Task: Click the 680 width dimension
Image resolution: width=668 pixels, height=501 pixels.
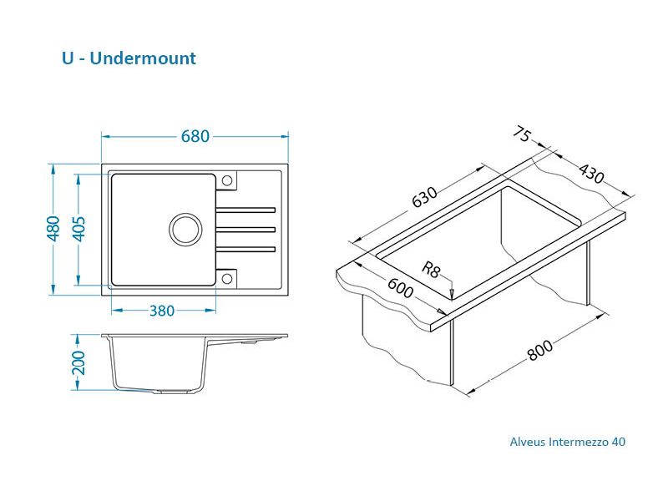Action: (x=195, y=136)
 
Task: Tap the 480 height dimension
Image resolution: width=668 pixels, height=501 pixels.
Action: (x=53, y=229)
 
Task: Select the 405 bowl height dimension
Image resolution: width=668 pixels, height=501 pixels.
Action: (x=78, y=229)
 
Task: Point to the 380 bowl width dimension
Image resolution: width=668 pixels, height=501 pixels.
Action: (x=162, y=311)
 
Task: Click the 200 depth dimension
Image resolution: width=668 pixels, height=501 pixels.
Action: (x=78, y=362)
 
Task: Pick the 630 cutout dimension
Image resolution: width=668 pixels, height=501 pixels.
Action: (x=424, y=197)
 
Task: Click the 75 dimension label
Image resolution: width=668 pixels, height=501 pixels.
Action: (x=522, y=134)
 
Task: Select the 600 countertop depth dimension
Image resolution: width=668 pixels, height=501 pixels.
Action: (x=400, y=288)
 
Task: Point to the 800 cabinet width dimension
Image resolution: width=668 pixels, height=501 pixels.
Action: (x=539, y=350)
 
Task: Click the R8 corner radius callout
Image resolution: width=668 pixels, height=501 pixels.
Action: (x=431, y=270)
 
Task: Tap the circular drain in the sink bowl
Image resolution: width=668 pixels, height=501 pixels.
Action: (x=185, y=229)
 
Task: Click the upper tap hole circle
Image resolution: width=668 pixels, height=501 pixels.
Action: (x=227, y=180)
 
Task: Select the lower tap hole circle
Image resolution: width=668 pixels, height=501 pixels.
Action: (x=227, y=279)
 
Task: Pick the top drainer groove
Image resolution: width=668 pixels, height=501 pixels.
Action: (x=245, y=210)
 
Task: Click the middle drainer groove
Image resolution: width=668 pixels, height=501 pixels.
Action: (x=245, y=230)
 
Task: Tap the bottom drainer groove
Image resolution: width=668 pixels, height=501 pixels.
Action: (x=245, y=249)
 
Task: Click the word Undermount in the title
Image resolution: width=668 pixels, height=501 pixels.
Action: (x=143, y=58)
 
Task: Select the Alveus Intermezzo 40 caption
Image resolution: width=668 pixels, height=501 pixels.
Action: (x=568, y=442)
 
